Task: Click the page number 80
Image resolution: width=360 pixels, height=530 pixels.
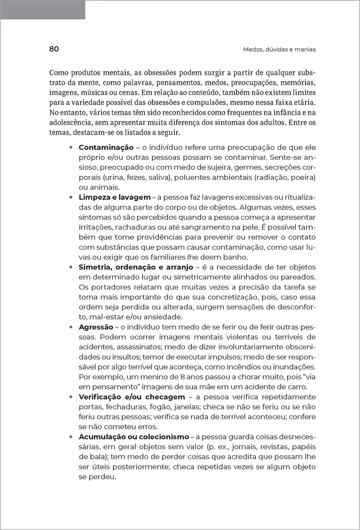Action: click(54, 49)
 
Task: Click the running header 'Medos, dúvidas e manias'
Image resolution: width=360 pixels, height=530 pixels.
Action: click(279, 49)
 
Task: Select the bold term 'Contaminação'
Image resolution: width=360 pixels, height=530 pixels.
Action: click(106, 148)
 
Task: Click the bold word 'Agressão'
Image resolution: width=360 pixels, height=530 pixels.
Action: click(97, 327)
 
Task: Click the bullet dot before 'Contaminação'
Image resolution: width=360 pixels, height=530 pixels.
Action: click(71, 148)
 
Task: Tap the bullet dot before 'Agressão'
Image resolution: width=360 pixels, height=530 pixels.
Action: click(71, 327)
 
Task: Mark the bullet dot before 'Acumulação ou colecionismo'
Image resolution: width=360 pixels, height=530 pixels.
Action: click(71, 436)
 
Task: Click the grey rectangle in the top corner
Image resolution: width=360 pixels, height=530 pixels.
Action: click(43, 10)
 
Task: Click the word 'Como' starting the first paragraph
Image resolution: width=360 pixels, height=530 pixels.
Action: click(58, 72)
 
